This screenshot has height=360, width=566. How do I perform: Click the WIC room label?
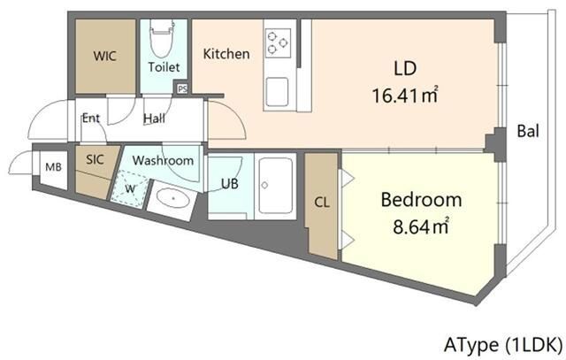[104, 57]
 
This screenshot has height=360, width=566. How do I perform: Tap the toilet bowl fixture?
[162, 37]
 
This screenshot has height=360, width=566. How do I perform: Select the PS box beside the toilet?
[182, 88]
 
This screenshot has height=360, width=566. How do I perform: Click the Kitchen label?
[226, 54]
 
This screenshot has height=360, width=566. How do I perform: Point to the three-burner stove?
[278, 42]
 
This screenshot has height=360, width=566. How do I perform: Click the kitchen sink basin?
[277, 92]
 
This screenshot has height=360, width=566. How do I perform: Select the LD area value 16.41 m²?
[405, 96]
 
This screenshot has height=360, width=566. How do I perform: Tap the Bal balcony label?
[528, 131]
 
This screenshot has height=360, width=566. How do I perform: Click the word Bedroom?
[421, 200]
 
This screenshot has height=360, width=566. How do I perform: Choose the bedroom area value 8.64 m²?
[421, 226]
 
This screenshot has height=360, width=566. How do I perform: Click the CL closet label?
[322, 203]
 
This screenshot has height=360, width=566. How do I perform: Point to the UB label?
[230, 183]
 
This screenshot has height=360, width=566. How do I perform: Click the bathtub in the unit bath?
[276, 186]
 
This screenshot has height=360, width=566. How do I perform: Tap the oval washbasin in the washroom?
[173, 198]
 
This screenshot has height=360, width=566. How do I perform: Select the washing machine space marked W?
[130, 188]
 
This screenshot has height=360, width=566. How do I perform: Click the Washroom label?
[163, 160]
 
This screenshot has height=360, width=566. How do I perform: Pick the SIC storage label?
[95, 159]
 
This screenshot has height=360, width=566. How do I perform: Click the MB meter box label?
[53, 167]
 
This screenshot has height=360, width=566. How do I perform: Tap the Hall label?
[154, 118]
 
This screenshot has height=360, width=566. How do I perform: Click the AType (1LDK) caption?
[503, 344]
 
